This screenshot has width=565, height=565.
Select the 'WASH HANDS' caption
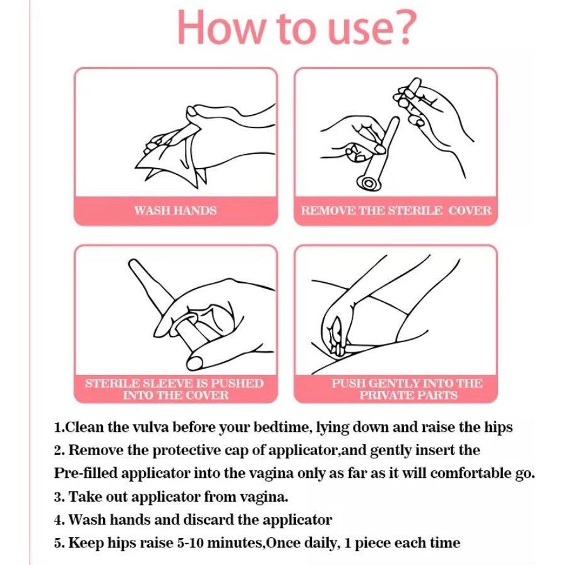pyautogui.click(x=175, y=210)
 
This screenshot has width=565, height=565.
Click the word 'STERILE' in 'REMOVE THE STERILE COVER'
pyautogui.click(x=415, y=210)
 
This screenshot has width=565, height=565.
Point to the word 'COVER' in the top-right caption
pyautogui.click(x=470, y=210)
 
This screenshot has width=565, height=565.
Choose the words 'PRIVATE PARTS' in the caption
pyautogui.click(x=408, y=395)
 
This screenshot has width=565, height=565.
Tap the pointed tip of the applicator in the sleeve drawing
pyautogui.click(x=132, y=262)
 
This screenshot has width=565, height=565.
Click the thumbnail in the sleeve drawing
pyautogui.click(x=197, y=362)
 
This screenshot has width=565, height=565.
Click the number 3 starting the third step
pyautogui.click(x=58, y=497)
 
